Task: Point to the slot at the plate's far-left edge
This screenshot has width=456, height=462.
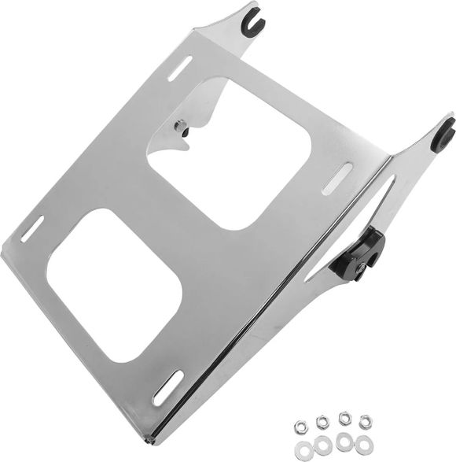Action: pyautogui.click(x=32, y=228)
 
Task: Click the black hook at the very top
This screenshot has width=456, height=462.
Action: pyautogui.click(x=253, y=13)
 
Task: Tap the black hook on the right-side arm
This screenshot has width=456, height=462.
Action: pyautogui.click(x=445, y=134)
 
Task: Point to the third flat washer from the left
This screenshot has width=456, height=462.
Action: pyautogui.click(x=344, y=440)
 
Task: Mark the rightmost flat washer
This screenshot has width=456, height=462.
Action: pyautogui.click(x=364, y=442)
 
